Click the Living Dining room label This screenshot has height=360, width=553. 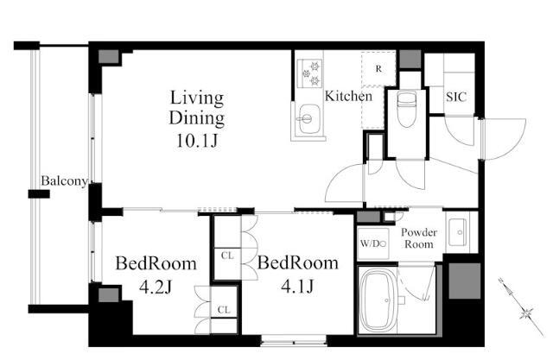click(197, 108)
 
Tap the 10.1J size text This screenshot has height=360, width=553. click(197, 141)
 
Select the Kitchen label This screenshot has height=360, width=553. click(348, 96)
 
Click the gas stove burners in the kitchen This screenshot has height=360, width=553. click(309, 73)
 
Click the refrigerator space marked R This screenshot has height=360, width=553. click(378, 69)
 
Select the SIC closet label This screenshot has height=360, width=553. click(456, 97)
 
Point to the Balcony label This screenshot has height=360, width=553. click(64, 181)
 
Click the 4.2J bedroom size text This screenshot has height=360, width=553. click(156, 287)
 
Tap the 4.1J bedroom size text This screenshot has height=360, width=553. click(297, 286)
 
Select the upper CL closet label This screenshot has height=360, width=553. click(227, 256)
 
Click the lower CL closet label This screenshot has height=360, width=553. click(224, 310)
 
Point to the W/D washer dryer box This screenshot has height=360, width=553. click(372, 243)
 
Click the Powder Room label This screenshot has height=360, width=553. click(419, 238)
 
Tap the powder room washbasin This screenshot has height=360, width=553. click(457, 232)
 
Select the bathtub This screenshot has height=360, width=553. click(378, 300)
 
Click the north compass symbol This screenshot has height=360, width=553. click(523, 307)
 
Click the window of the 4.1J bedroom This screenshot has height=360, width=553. click(294, 339)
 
